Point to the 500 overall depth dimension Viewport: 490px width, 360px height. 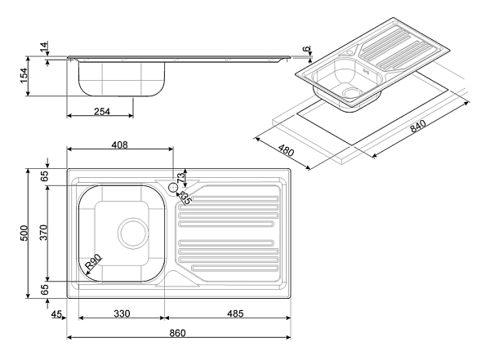(24, 234)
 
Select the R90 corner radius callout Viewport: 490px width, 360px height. (94, 262)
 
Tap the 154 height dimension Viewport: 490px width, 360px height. (24, 76)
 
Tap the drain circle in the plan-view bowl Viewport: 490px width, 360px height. (130, 231)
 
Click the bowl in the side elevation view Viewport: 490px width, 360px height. (122, 78)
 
